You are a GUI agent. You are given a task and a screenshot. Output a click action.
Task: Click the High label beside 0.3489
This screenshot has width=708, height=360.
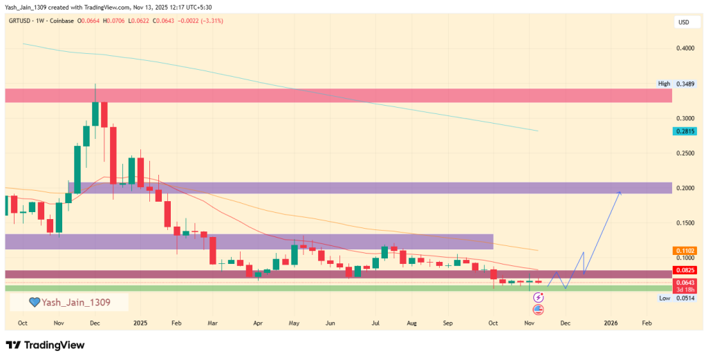[x=664, y=84]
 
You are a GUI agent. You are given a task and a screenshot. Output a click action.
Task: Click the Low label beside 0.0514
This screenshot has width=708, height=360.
[x=664, y=298]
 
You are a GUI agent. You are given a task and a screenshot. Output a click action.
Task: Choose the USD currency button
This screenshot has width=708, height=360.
[x=683, y=22]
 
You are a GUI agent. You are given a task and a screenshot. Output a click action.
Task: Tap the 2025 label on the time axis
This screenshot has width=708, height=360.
[x=140, y=323]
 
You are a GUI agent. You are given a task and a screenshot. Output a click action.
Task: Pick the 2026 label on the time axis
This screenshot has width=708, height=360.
[x=611, y=323]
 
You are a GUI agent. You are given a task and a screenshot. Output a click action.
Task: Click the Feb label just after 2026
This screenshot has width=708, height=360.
[x=646, y=323]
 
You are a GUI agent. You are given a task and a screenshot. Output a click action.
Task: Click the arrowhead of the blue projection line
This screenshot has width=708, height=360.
[x=619, y=192]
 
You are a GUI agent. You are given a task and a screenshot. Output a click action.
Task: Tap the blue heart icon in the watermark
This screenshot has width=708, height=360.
[x=34, y=302]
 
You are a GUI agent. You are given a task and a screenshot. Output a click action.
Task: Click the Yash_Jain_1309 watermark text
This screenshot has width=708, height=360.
[x=75, y=302]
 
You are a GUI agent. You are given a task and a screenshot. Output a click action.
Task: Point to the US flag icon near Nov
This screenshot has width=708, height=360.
[x=538, y=309]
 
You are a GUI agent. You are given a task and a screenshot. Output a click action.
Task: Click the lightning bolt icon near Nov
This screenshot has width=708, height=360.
[x=538, y=297]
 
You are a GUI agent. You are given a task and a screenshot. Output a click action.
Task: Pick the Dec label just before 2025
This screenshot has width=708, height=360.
[x=95, y=323]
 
